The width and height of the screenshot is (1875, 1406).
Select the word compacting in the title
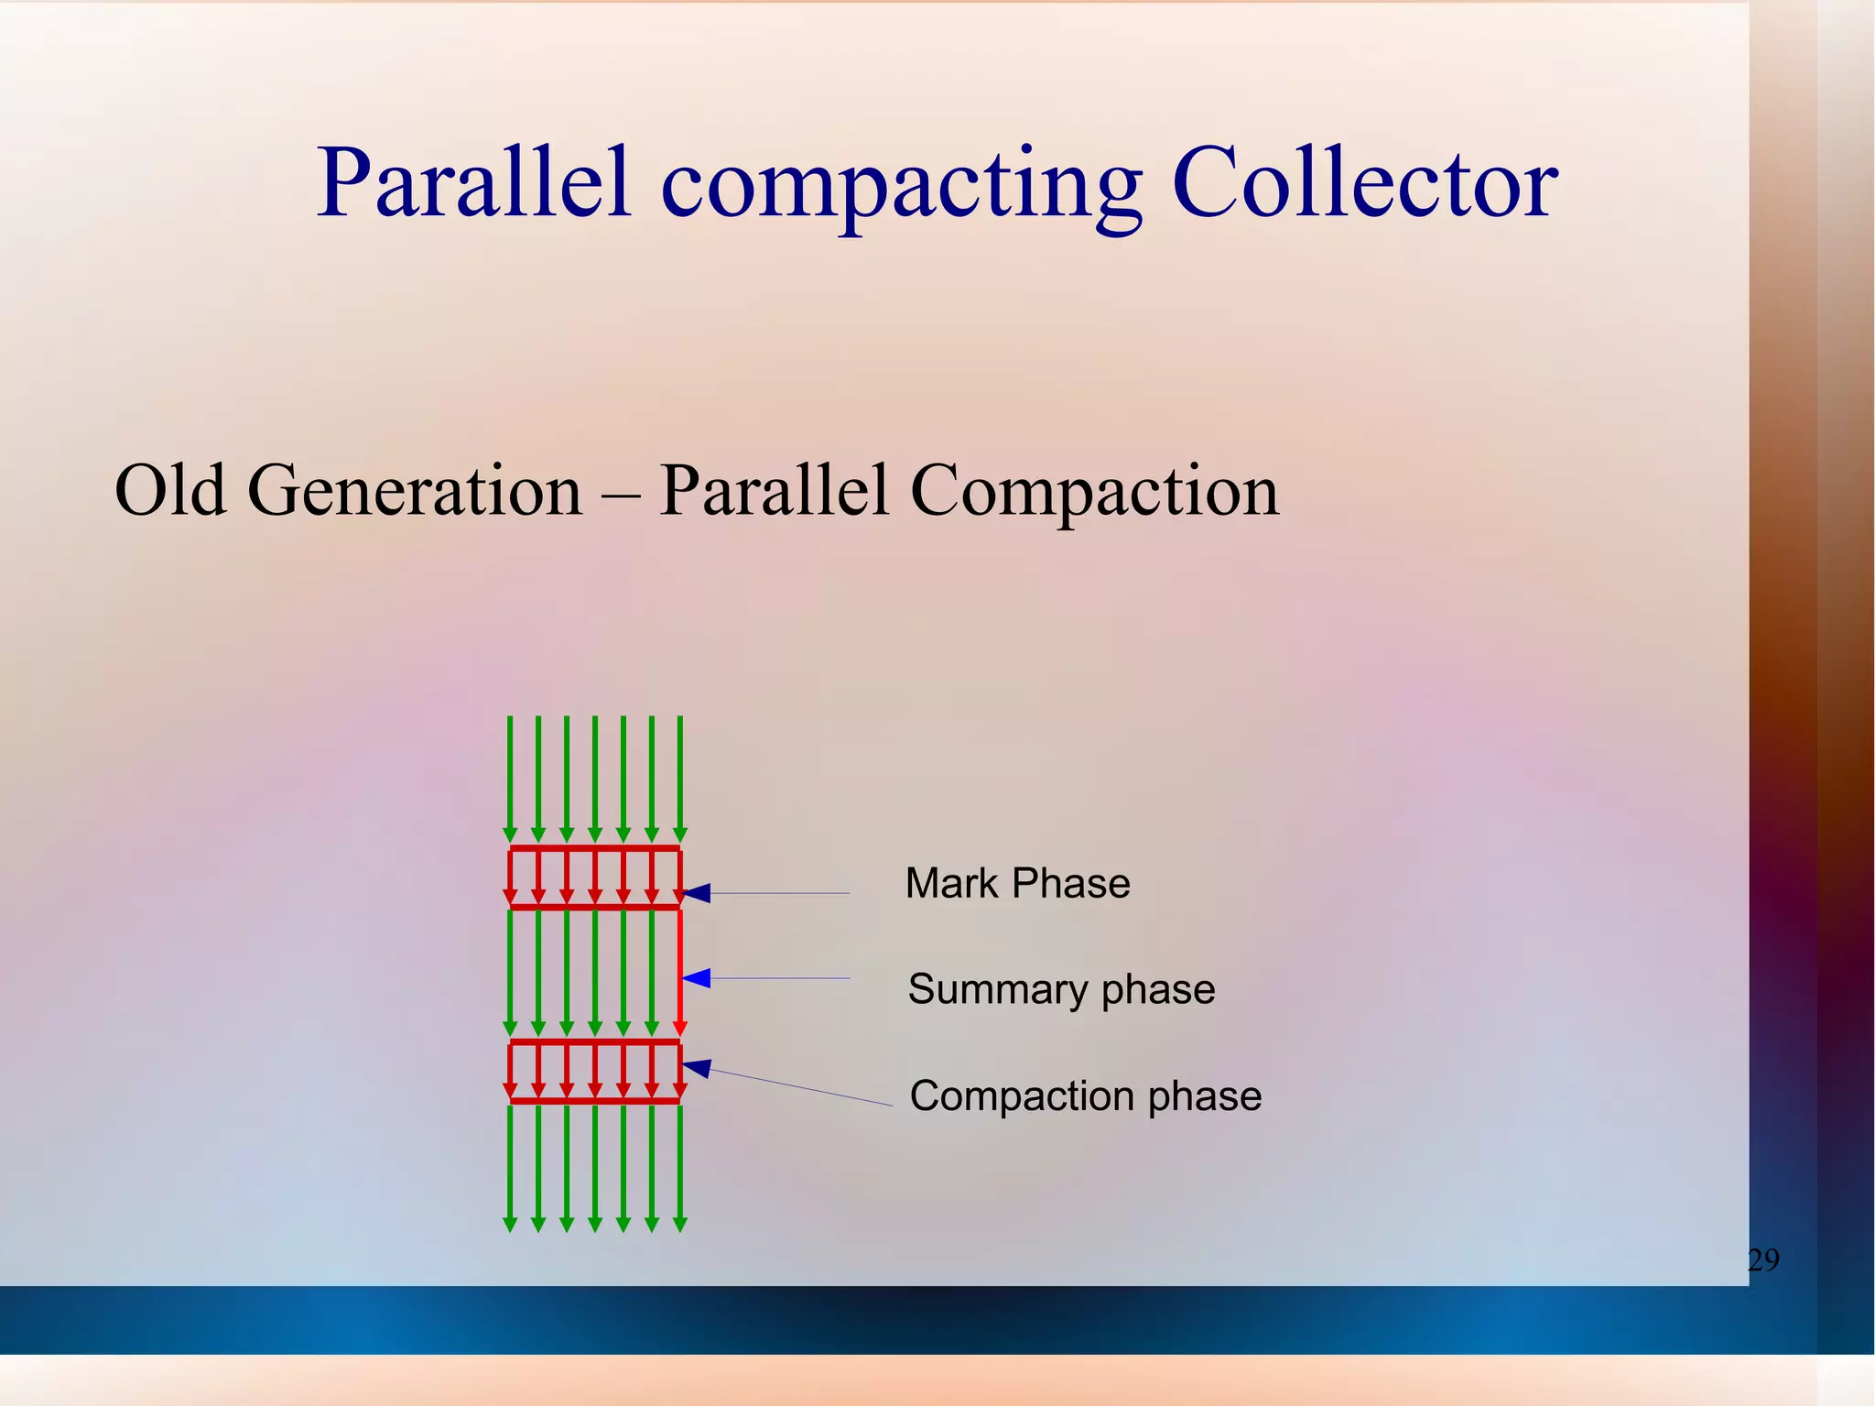(x=901, y=188)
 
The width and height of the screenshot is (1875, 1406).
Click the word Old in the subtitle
(x=170, y=491)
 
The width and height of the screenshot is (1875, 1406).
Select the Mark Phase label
(x=1017, y=884)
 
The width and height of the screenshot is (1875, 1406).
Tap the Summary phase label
(x=1061, y=990)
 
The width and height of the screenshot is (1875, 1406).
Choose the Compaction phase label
(x=1086, y=1096)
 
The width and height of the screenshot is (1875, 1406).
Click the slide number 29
(x=1763, y=1261)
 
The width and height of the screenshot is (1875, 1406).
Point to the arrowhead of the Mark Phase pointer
(x=697, y=893)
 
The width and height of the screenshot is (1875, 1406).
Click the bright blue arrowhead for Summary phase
(x=697, y=978)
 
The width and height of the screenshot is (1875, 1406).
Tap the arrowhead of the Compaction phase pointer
(x=697, y=1067)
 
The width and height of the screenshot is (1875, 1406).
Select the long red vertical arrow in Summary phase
(x=679, y=971)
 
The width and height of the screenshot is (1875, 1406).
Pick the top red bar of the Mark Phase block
(x=595, y=849)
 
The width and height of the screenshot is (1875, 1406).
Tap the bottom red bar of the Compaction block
(x=595, y=1100)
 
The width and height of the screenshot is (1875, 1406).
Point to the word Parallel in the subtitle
(x=774, y=491)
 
